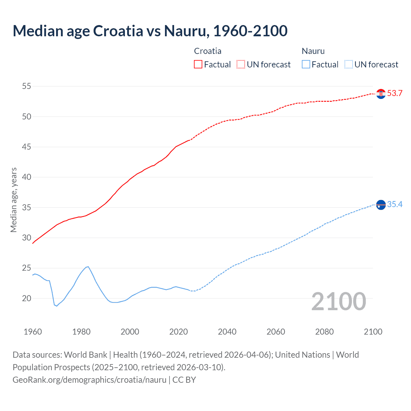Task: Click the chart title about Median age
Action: pyautogui.click(x=150, y=31)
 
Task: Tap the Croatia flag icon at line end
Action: pyautogui.click(x=381, y=94)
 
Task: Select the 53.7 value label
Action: pyautogui.click(x=395, y=93)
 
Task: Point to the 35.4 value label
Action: pyautogui.click(x=395, y=205)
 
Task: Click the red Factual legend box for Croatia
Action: pyautogui.click(x=198, y=64)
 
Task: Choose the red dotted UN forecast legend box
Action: pyautogui.click(x=241, y=64)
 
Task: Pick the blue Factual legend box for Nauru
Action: pyautogui.click(x=306, y=64)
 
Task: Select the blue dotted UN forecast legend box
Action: pyautogui.click(x=349, y=64)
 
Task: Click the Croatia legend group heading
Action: pyautogui.click(x=207, y=51)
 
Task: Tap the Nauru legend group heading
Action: pyautogui.click(x=313, y=51)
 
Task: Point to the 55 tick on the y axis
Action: pyautogui.click(x=27, y=86)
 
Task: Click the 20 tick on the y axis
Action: pyautogui.click(x=27, y=298)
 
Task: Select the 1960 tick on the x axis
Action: pyautogui.click(x=33, y=332)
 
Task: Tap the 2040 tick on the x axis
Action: pyautogui.click(x=227, y=332)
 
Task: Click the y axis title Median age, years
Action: pyautogui.click(x=14, y=200)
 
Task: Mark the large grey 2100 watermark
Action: pyautogui.click(x=338, y=301)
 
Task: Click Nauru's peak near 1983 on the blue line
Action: pyautogui.click(x=88, y=267)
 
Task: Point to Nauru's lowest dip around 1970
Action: pyautogui.click(x=57, y=306)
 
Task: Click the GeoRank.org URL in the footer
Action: pyautogui.click(x=89, y=380)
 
